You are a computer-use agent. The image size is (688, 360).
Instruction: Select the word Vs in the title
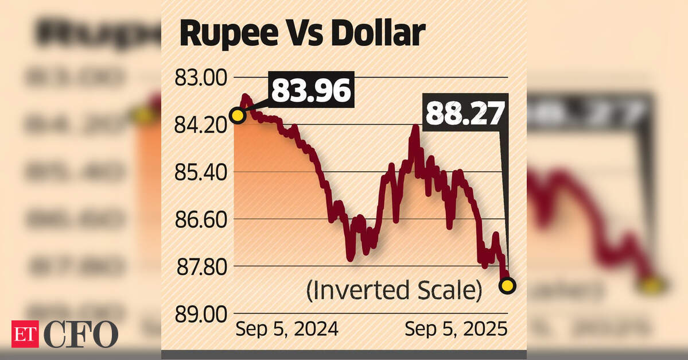[x=302, y=34]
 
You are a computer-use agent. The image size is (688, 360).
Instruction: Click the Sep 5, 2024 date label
[x=287, y=329]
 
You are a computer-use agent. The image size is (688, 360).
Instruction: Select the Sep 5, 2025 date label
[x=456, y=329]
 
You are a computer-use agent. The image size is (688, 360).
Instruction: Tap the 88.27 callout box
[x=465, y=114]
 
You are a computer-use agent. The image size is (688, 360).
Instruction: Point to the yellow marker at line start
[x=237, y=115]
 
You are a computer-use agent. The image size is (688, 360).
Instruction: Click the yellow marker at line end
[x=507, y=285]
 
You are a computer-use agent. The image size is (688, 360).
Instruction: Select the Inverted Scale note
[x=394, y=291]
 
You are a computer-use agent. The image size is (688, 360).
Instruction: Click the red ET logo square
[x=25, y=334]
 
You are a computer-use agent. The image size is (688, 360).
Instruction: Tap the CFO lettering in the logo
[x=80, y=334]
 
